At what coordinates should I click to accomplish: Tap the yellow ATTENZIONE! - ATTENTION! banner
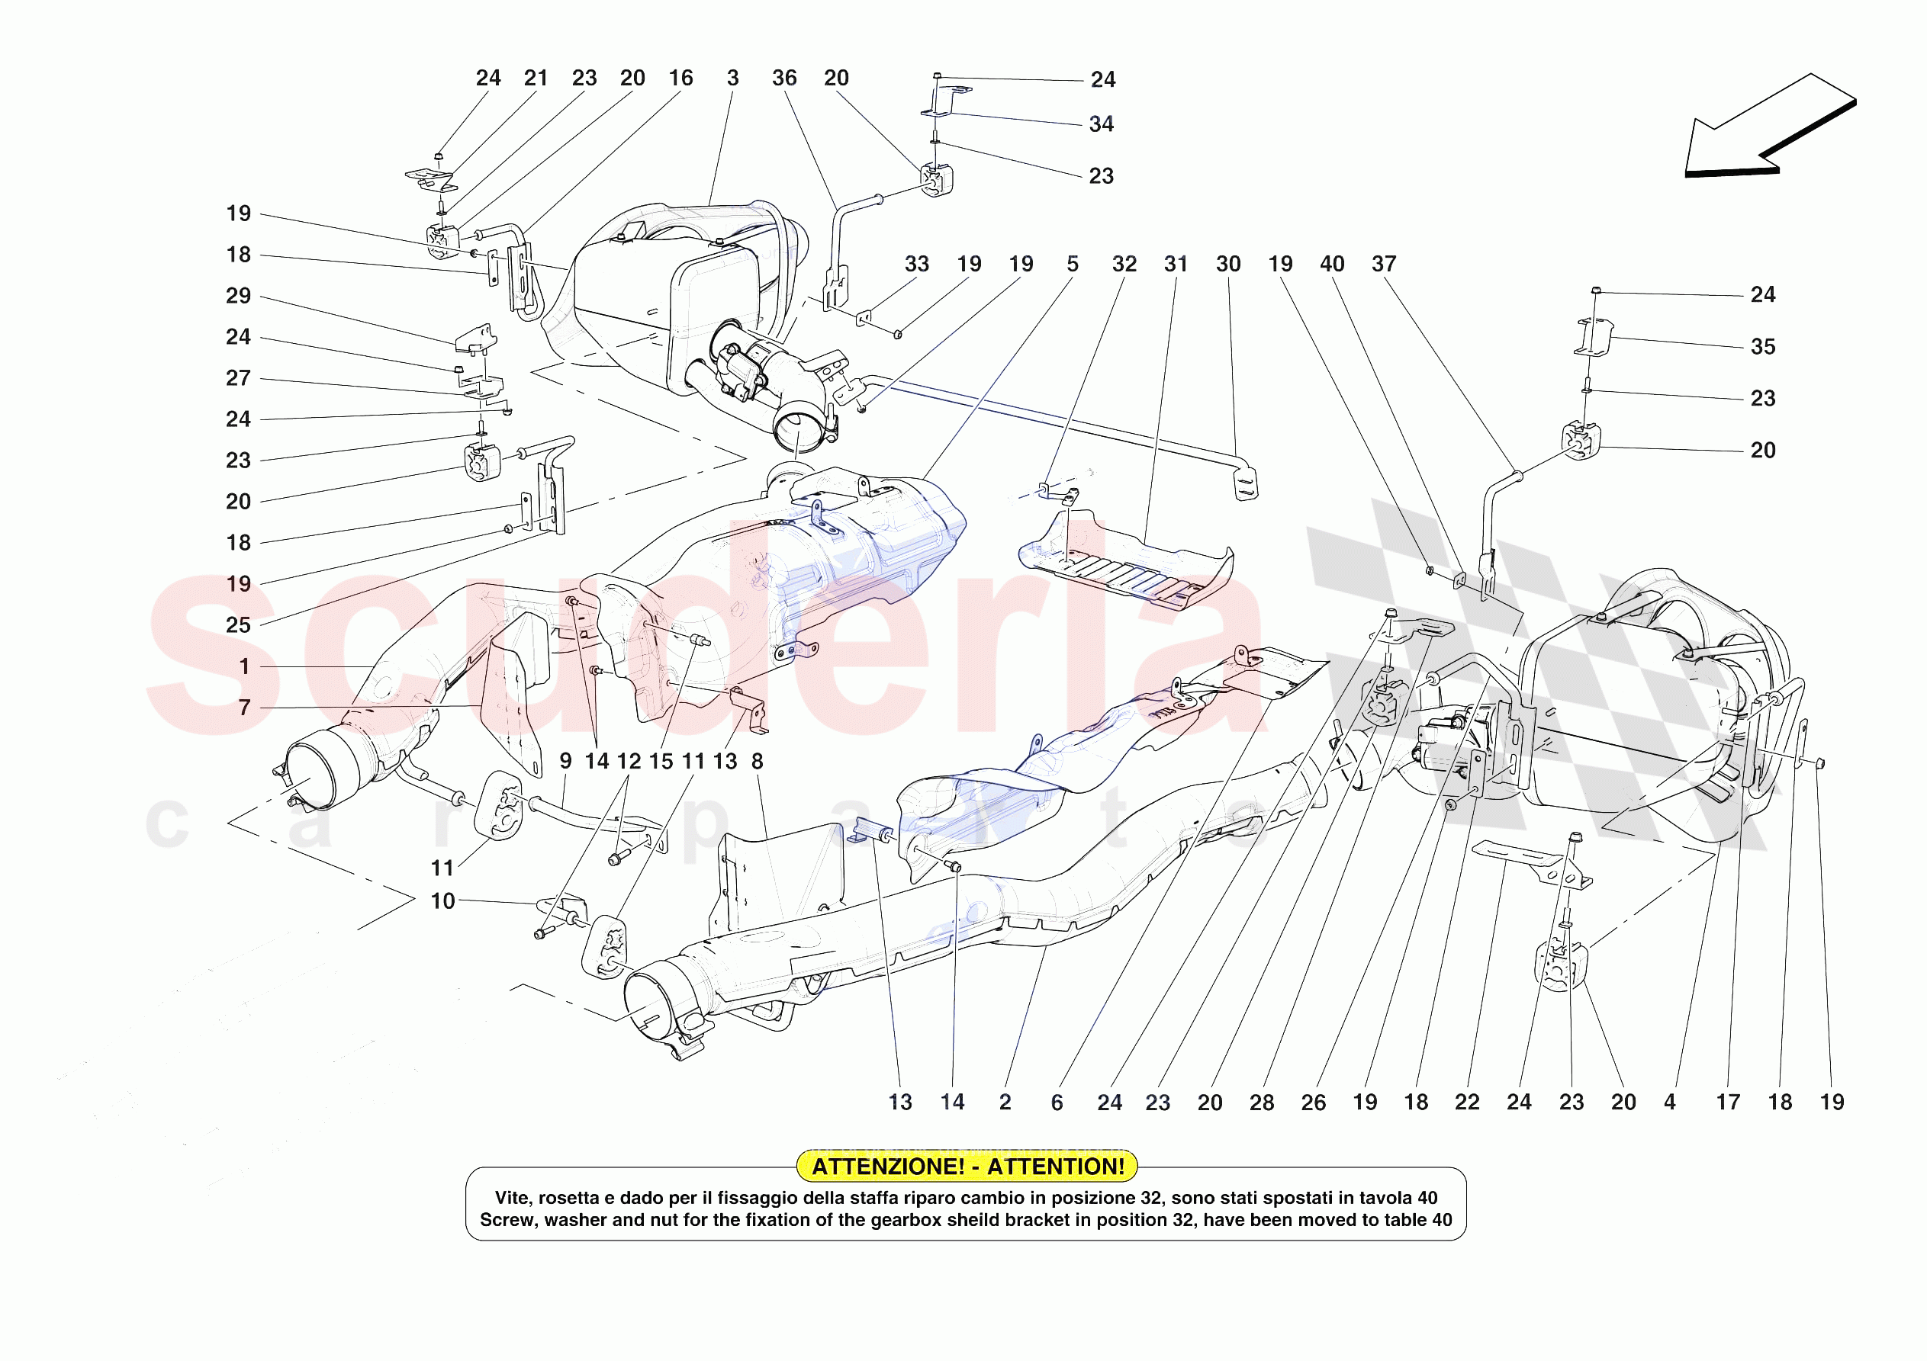point(967,1167)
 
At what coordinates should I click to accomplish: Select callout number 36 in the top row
point(784,78)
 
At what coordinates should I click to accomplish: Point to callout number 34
point(1101,124)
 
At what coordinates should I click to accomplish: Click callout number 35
point(1762,347)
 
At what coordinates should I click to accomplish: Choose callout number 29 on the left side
point(238,295)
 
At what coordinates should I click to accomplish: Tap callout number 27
point(238,378)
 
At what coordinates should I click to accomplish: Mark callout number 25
point(238,625)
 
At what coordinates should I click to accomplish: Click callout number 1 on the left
point(244,666)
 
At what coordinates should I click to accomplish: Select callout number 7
point(244,708)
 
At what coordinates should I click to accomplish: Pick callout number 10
point(442,901)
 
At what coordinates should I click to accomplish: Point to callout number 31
point(1176,265)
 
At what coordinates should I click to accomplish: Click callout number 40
point(1332,265)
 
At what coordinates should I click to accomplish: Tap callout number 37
point(1384,265)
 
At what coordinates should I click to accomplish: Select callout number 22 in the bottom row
point(1467,1102)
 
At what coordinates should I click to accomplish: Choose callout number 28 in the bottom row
point(1262,1103)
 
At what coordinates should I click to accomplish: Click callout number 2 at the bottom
point(1005,1102)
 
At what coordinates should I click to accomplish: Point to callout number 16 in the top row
point(680,78)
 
